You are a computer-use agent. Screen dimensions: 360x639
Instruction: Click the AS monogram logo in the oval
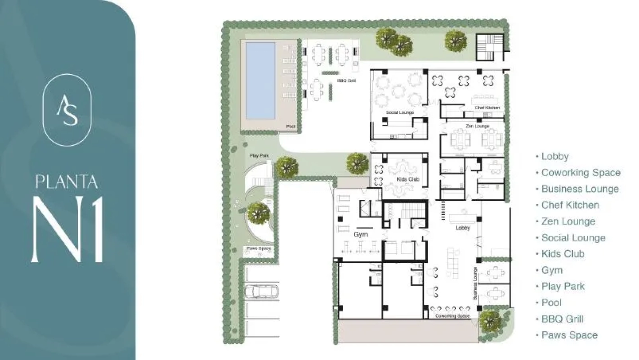67,110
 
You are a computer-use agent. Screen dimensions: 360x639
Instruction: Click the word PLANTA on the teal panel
67,182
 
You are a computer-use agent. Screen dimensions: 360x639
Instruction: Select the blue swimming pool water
260,81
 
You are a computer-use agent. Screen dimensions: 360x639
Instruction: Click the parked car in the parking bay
261,292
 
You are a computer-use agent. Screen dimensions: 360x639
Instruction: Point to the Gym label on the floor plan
360,234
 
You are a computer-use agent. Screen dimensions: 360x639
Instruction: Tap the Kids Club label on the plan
408,180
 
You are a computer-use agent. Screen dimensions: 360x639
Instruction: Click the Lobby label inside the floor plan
463,228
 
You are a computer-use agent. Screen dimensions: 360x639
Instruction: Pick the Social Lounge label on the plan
400,112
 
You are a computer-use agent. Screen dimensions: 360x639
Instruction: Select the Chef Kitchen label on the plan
487,108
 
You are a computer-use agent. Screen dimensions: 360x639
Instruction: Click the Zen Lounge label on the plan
477,126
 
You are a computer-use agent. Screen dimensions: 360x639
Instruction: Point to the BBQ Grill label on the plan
346,81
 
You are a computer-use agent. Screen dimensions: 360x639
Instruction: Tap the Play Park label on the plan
259,156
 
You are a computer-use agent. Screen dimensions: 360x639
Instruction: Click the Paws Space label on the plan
258,248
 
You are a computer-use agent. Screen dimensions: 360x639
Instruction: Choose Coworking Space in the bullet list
580,173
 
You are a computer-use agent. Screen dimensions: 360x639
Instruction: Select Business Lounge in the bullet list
580,189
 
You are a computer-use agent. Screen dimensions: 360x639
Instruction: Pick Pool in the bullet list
551,303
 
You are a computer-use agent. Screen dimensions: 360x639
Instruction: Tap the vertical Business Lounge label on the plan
475,283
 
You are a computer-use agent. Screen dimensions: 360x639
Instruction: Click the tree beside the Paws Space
258,212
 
